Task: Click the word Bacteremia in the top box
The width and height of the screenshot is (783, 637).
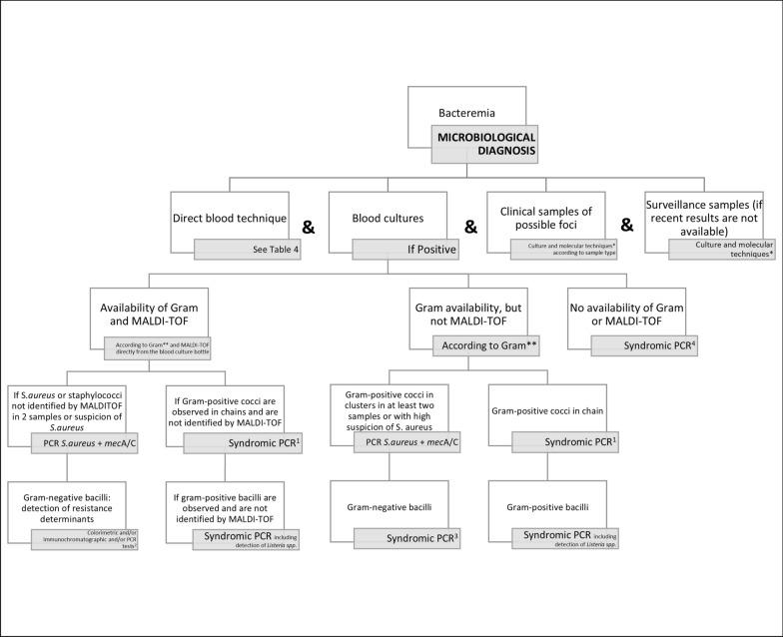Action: click(469, 115)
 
